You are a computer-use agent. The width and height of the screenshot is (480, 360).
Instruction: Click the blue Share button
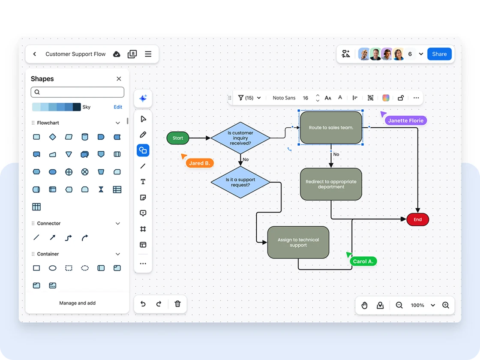[x=439, y=54]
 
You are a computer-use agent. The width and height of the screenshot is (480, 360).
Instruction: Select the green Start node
[x=178, y=138]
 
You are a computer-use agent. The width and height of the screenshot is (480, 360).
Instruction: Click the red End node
[x=417, y=219]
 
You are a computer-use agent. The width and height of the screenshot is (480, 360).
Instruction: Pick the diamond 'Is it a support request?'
[x=240, y=182]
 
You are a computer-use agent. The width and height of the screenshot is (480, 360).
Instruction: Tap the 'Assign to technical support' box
[x=298, y=243]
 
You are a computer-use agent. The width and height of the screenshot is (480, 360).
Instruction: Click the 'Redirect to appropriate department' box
[x=331, y=184]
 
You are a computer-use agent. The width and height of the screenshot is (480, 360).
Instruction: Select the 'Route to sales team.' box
[x=331, y=128]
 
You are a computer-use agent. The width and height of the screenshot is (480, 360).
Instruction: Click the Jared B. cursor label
[x=200, y=163]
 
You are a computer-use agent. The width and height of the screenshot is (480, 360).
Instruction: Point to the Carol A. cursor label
[x=363, y=261]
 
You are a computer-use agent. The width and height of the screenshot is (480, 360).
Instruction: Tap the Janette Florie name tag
[x=405, y=121]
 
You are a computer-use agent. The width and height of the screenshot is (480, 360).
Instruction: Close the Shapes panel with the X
[x=119, y=79]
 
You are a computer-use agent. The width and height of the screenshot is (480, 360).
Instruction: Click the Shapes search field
[x=78, y=92]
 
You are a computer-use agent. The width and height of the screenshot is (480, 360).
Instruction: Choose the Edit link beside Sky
[x=118, y=107]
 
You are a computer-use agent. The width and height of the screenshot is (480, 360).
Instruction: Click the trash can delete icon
[x=177, y=304]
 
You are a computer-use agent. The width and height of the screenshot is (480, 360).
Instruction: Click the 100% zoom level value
[x=417, y=305]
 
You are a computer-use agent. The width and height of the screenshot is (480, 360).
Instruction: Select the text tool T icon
[x=143, y=182]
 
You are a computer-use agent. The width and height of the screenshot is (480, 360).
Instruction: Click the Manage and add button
[x=78, y=303]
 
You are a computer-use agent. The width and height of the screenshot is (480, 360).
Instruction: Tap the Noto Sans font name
[x=284, y=98]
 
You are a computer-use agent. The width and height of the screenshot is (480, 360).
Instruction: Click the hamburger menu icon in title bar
[x=148, y=54]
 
